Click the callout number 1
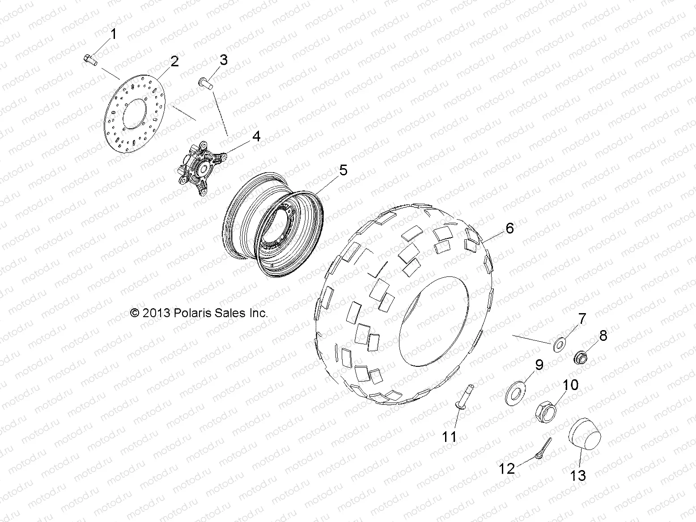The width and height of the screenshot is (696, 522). click(x=113, y=34)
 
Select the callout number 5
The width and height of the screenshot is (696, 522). click(x=343, y=170)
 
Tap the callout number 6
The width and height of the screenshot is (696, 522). click(x=509, y=228)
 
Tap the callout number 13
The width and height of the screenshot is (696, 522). click(x=578, y=475)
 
